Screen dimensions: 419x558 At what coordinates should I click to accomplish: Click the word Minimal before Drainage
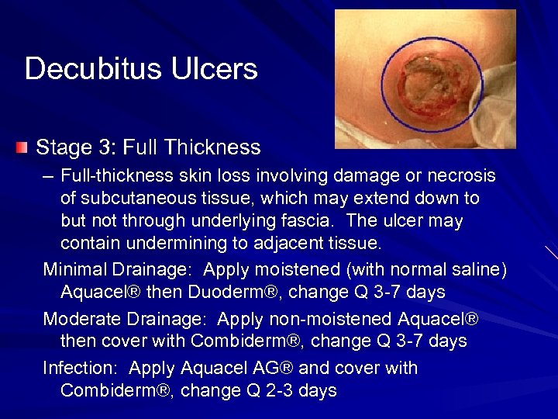(73, 269)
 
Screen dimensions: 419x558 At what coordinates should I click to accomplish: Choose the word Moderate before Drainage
(80, 319)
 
